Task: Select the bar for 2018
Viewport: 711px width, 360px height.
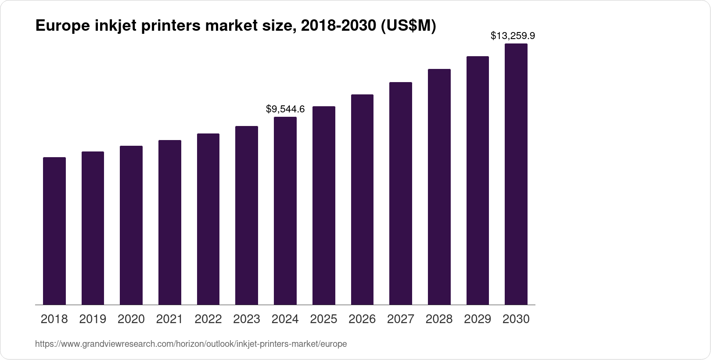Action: (x=54, y=231)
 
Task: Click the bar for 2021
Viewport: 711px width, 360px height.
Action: (x=170, y=222)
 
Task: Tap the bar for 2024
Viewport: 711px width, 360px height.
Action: (x=285, y=211)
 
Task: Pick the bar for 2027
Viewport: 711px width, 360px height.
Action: (x=401, y=193)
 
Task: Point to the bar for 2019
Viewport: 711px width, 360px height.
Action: (x=93, y=228)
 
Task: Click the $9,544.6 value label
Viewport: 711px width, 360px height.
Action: (x=285, y=109)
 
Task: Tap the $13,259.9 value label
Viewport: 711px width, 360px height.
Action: (x=513, y=36)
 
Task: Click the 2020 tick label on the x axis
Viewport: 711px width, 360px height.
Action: (x=131, y=319)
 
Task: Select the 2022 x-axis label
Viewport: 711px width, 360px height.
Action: (x=208, y=319)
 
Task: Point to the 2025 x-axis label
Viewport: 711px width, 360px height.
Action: (x=323, y=319)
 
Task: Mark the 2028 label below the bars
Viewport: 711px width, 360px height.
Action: (x=439, y=319)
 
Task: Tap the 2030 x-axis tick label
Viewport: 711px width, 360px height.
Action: (x=516, y=319)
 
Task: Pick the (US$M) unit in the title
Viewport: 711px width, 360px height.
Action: (x=408, y=26)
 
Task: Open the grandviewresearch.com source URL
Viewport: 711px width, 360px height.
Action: (x=191, y=344)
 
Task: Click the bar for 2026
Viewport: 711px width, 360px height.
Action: (x=362, y=199)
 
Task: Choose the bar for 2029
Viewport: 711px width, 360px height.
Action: (x=478, y=180)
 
